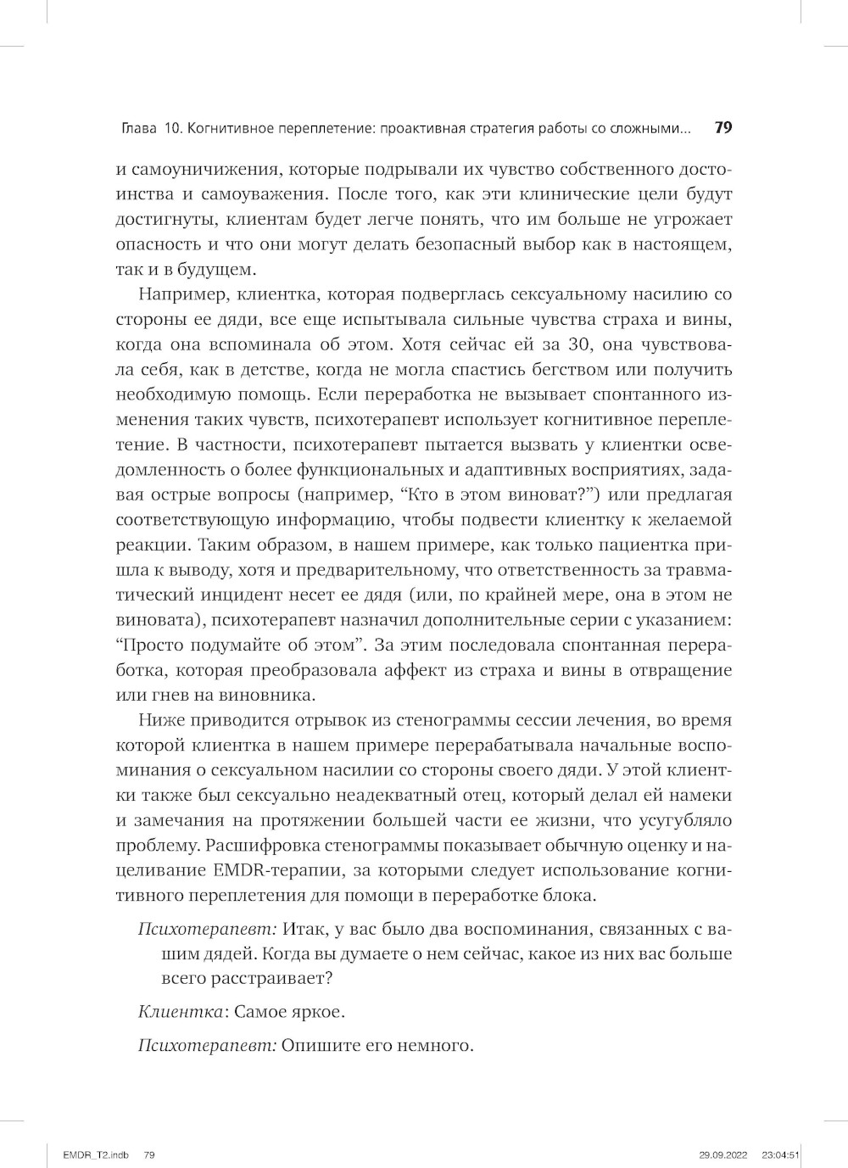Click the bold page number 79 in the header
(x=723, y=129)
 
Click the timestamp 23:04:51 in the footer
(x=781, y=1154)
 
